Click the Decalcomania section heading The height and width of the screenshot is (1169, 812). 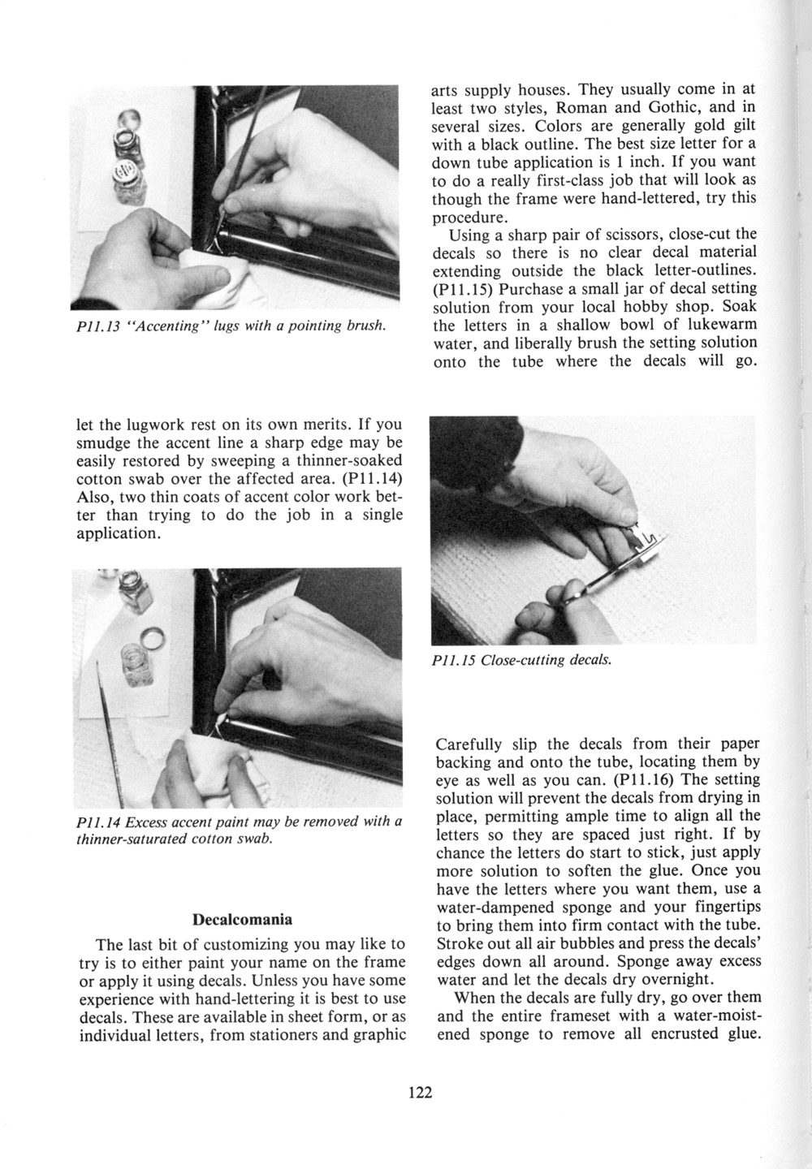pos(242,921)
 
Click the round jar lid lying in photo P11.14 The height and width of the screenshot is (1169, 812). pos(153,636)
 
